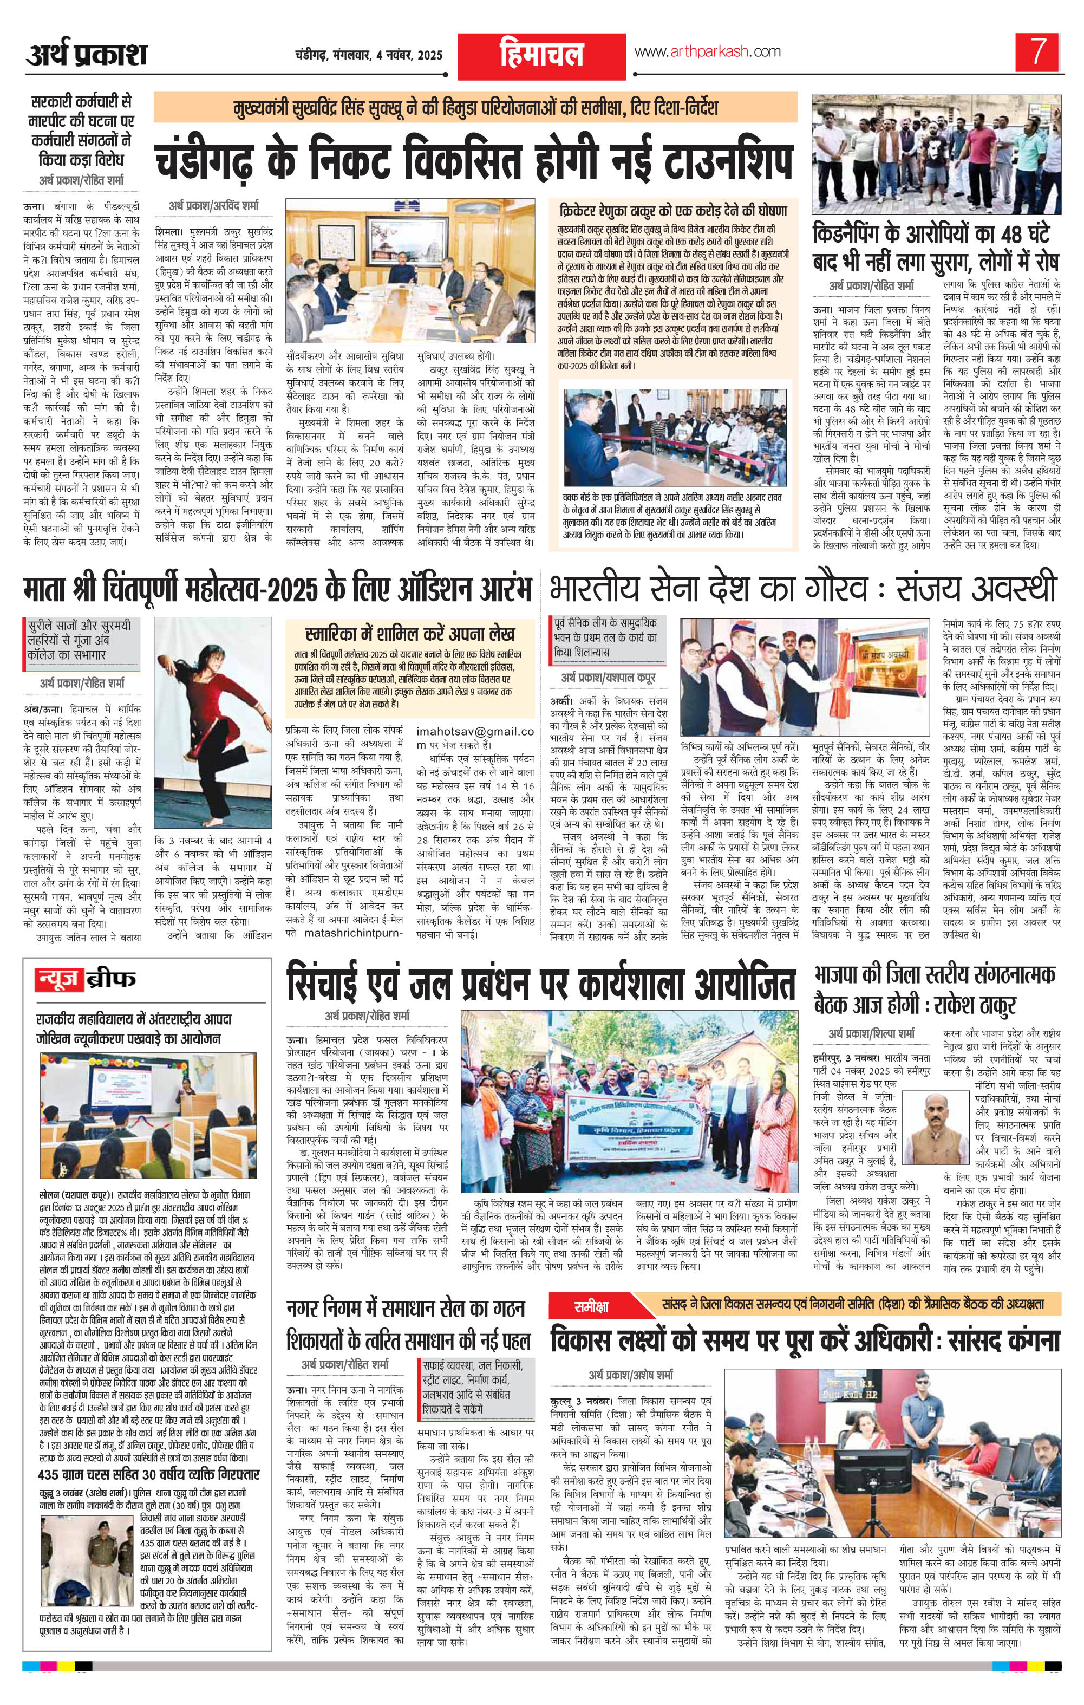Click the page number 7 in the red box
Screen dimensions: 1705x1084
click(x=1038, y=53)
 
